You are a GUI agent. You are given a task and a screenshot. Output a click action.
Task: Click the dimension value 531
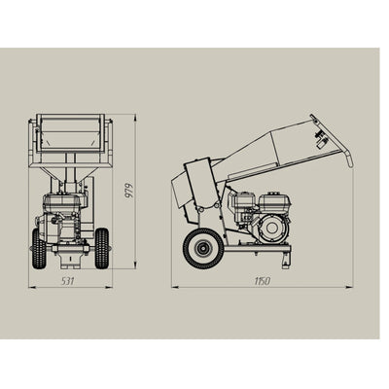[x=68, y=281]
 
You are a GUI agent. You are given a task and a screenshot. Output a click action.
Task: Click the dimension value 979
[x=129, y=191]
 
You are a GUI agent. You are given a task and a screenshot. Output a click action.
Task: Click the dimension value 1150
[x=262, y=281]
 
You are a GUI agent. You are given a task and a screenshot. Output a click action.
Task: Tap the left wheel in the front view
[x=39, y=249]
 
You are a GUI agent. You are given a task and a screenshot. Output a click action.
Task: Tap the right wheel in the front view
[x=102, y=249]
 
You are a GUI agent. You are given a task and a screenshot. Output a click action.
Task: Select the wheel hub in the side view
[x=202, y=249]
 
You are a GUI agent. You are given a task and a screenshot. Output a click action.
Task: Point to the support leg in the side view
[x=285, y=260]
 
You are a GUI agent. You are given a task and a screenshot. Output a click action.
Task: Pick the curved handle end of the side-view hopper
[x=349, y=159]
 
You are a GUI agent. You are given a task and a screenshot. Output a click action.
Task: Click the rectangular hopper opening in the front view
[x=70, y=133]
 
